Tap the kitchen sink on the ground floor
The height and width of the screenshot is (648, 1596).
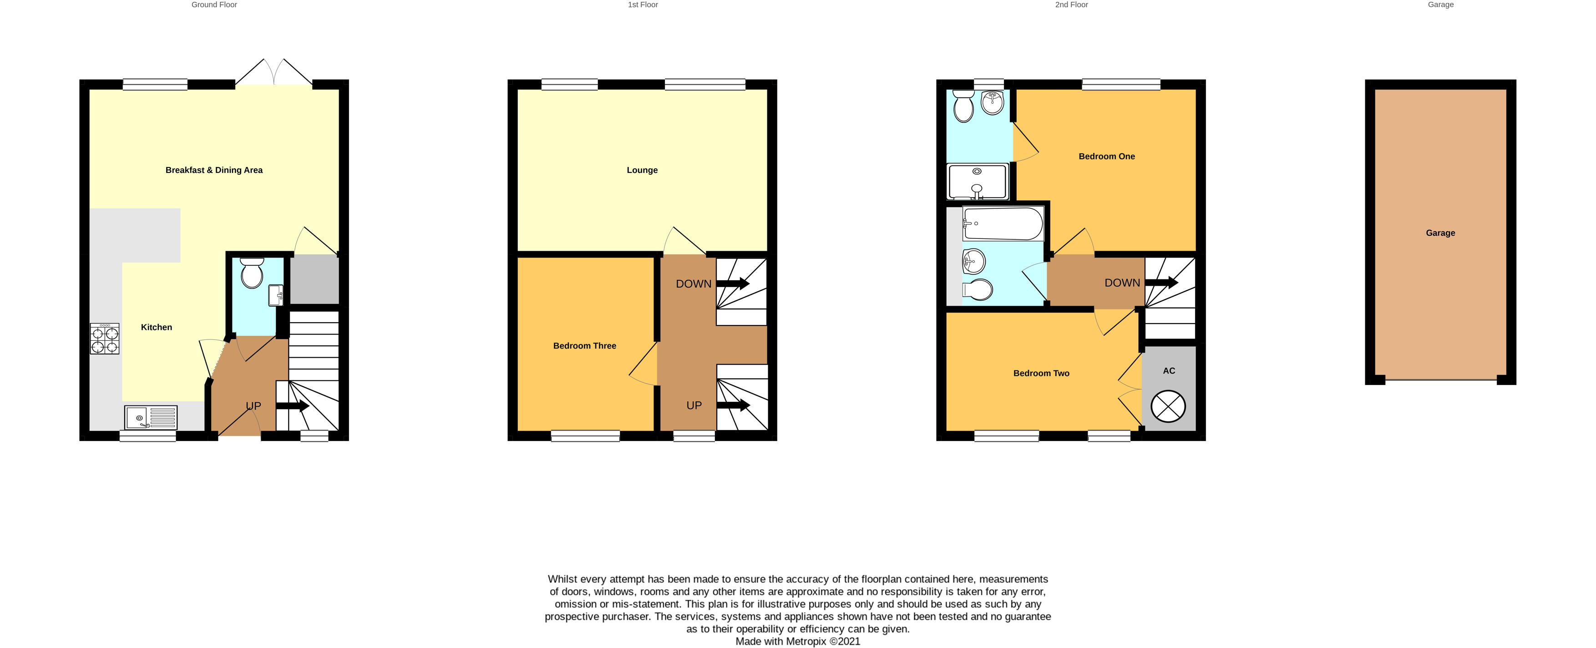click(151, 418)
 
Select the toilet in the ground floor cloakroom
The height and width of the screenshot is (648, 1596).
click(252, 273)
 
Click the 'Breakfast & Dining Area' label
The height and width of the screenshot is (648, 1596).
click(214, 170)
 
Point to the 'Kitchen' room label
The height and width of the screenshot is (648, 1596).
click(156, 327)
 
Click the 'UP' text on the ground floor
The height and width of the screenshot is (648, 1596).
click(253, 406)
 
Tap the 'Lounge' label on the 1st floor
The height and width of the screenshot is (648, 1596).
click(642, 170)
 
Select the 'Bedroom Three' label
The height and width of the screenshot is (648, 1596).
click(584, 346)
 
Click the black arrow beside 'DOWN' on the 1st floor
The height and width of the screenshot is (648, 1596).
click(733, 284)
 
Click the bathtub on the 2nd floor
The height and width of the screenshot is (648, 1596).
click(1003, 223)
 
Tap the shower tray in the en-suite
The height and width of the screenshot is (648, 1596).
click(978, 182)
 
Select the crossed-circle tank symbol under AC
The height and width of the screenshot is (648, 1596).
click(1168, 407)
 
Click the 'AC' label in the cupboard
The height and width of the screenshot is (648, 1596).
click(1169, 371)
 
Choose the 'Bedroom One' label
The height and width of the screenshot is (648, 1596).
click(1106, 157)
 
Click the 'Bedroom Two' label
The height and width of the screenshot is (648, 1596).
click(1041, 374)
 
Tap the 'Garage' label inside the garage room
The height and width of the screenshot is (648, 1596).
click(1440, 233)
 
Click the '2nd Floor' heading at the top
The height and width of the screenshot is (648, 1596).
click(1071, 5)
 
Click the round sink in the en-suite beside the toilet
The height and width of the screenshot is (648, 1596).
click(993, 102)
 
